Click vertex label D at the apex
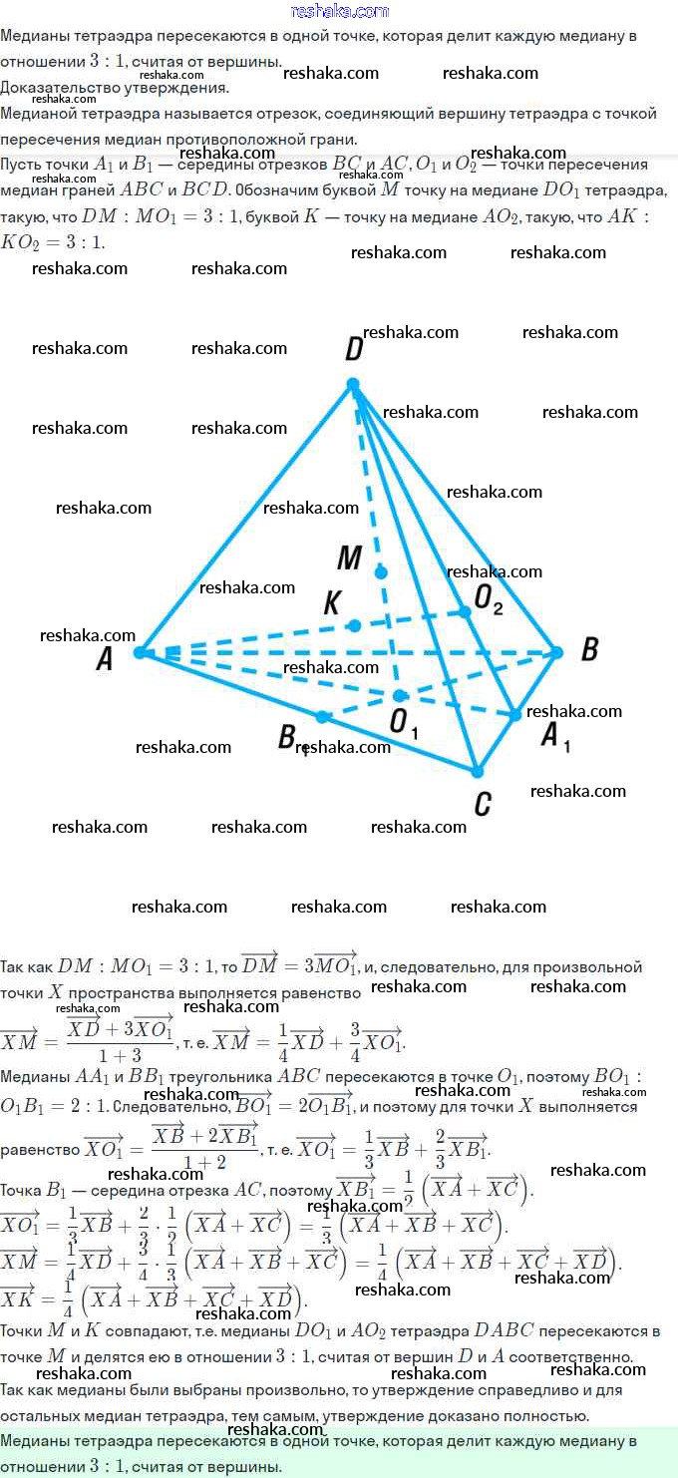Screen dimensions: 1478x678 pyautogui.click(x=353, y=349)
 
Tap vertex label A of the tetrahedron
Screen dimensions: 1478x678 pyautogui.click(x=104, y=658)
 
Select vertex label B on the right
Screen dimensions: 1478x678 pyautogui.click(x=589, y=650)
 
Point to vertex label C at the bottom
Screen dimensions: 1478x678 pyautogui.click(x=483, y=804)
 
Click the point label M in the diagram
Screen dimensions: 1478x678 pyautogui.click(x=349, y=558)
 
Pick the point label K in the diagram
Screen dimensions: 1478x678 pyautogui.click(x=333, y=603)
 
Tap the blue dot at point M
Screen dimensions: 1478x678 pyautogui.click(x=381, y=571)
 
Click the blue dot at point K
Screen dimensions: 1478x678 pyautogui.click(x=354, y=625)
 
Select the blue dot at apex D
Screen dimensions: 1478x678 pyautogui.click(x=352, y=384)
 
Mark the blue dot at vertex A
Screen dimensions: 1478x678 pyautogui.click(x=140, y=652)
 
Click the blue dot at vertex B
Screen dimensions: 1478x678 pyautogui.click(x=557, y=652)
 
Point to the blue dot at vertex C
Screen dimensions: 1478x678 pyautogui.click(x=478, y=771)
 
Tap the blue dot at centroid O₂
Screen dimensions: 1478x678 pyautogui.click(x=465, y=611)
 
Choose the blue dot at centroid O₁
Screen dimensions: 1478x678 pyautogui.click(x=399, y=695)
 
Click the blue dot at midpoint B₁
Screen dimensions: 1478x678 pyautogui.click(x=322, y=716)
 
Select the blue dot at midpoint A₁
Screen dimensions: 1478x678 pyautogui.click(x=514, y=714)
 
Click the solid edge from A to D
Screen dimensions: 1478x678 pyautogui.click(x=245, y=519)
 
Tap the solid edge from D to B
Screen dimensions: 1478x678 pyautogui.click(x=455, y=519)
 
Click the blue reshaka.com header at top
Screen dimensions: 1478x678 pyautogui.click(x=339, y=11)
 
